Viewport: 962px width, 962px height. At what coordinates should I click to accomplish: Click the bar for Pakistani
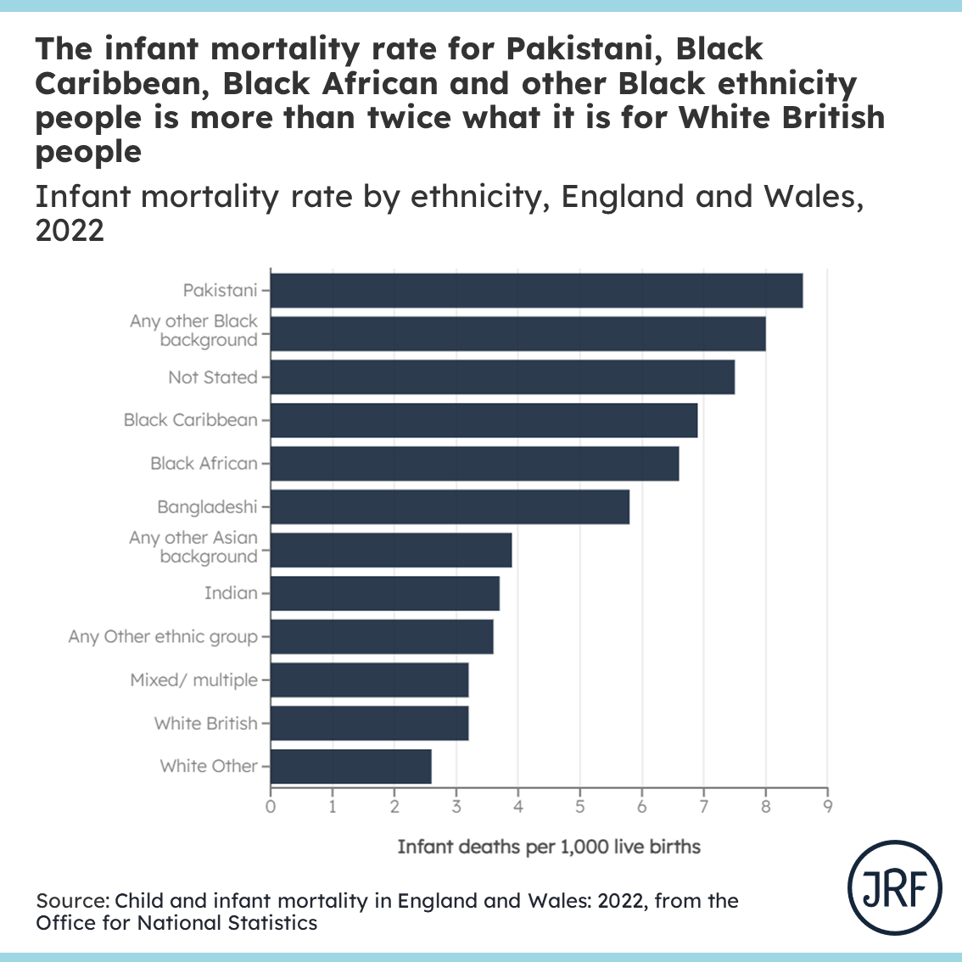tap(536, 291)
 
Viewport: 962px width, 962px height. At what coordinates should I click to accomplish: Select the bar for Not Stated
tap(502, 378)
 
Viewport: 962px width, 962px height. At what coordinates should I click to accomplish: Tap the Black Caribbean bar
tap(484, 421)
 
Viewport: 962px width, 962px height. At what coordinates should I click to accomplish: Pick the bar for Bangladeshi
tap(450, 507)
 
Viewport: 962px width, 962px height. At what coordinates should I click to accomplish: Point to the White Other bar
tap(350, 766)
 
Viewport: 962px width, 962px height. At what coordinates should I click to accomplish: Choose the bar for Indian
tap(384, 594)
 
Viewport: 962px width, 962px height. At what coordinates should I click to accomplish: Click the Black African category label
tap(204, 463)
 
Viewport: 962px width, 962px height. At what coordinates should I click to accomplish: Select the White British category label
tap(205, 724)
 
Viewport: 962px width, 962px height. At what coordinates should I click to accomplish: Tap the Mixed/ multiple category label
tap(193, 680)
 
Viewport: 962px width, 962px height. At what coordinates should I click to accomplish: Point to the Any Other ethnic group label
tap(163, 637)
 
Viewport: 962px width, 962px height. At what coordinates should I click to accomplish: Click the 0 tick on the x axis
tap(271, 807)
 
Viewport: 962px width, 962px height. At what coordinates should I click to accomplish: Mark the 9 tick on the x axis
tap(827, 807)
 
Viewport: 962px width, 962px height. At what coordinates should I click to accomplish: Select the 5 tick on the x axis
tap(580, 807)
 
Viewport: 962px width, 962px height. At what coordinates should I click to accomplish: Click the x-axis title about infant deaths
tap(549, 847)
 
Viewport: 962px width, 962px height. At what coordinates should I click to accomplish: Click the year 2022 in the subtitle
tap(70, 231)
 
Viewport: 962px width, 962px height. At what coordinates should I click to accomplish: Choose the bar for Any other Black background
tap(517, 333)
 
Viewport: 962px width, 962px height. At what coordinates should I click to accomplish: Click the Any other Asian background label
tap(193, 547)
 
